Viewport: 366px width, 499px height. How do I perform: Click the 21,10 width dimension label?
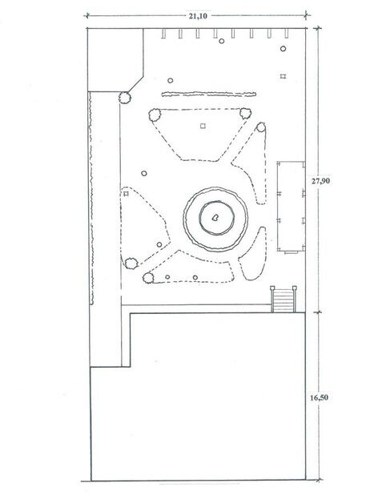click(198, 16)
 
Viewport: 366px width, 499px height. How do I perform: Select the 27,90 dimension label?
click(320, 181)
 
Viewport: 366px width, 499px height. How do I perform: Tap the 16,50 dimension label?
click(320, 397)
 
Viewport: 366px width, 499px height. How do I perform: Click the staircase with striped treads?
click(284, 299)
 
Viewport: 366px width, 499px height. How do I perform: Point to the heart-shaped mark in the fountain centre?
click(215, 218)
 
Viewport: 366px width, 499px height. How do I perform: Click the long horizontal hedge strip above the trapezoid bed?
click(209, 95)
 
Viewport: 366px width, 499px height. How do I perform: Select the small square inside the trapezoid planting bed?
click(203, 126)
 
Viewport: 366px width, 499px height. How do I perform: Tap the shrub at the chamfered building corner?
click(125, 98)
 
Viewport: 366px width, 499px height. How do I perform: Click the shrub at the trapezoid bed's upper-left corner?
click(155, 115)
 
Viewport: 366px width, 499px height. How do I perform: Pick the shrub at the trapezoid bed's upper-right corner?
click(245, 113)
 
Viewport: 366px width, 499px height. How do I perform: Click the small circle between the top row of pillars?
click(222, 41)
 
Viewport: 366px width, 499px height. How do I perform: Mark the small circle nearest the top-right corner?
click(283, 49)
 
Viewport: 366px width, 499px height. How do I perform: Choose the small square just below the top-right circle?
click(283, 76)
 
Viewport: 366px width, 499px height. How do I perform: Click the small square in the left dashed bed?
click(126, 194)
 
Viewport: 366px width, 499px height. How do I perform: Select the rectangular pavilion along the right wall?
click(292, 207)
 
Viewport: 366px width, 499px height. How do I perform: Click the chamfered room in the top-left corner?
click(115, 60)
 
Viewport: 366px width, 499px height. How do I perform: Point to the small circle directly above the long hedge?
click(171, 81)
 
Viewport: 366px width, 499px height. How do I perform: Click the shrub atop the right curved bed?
click(261, 127)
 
